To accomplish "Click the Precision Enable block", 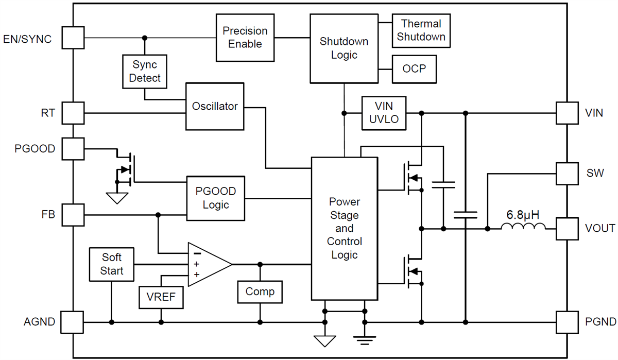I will pos(245,38).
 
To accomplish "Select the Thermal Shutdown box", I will pos(421,30).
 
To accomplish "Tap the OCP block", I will pos(415,68).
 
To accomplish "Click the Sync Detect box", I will pos(145,72).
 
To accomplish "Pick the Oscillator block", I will pos(215,106).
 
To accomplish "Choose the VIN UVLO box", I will pos(384,113).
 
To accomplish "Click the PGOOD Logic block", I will pos(216,198).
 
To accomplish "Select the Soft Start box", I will pos(112,264).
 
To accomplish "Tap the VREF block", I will pos(161,298).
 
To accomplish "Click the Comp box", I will pos(260,292).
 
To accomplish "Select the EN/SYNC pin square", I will pos(73,38).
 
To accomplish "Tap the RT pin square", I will pos(73,112).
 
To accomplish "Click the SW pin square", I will pos(567,174).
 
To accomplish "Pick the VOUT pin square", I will pos(567,228).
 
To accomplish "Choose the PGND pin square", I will pos(567,322).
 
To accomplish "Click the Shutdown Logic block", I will pos(344,48).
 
